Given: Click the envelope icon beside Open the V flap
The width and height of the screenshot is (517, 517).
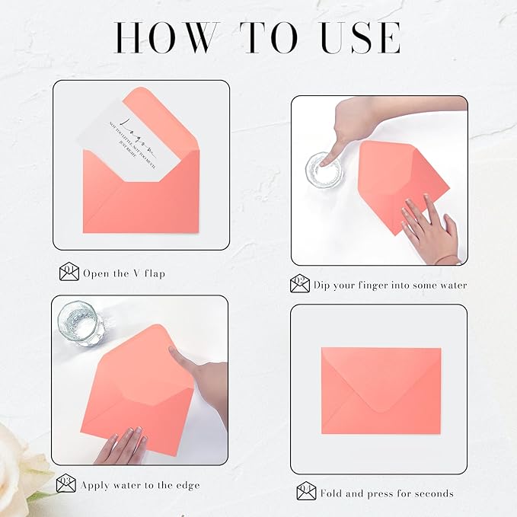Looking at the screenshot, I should tap(69, 272).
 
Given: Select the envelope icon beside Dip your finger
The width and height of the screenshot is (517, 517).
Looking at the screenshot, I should tap(300, 285).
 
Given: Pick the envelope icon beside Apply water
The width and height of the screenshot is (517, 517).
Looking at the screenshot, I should tap(66, 483).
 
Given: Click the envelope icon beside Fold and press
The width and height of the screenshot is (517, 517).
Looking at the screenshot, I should tap(306, 493).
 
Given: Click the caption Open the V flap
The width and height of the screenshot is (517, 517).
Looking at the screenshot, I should tap(124, 273).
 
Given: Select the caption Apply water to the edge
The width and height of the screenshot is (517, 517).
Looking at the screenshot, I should tap(140, 484).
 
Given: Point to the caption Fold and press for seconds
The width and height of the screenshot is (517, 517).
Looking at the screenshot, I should tap(386, 493).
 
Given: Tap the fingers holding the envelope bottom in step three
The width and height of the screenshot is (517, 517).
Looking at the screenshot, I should tap(122, 445).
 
